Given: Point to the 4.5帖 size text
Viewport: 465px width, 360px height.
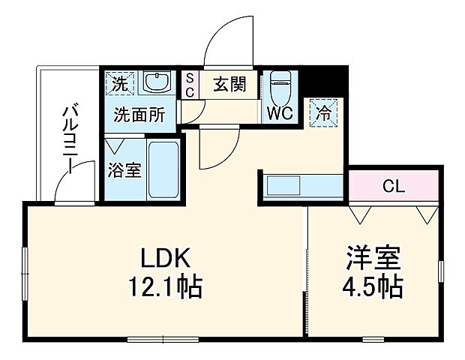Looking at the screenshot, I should [x=373, y=286].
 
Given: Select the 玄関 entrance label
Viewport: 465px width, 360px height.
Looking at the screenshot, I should [x=228, y=84].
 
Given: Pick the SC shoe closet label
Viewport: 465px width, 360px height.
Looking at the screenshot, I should [x=190, y=85].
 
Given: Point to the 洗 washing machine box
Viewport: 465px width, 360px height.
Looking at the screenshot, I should [x=118, y=82].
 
